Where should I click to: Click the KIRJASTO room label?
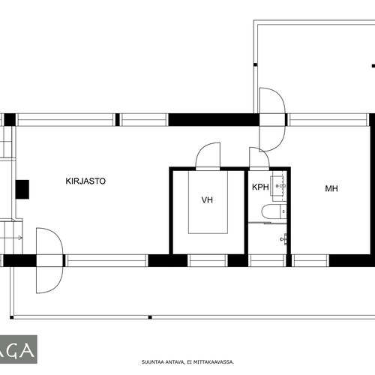[85, 181]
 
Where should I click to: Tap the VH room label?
[207, 199]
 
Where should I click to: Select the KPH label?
[260, 187]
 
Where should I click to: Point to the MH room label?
[331, 188]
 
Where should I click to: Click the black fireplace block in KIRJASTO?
[22, 189]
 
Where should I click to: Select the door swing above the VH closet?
[208, 155]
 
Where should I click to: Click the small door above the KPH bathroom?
[259, 158]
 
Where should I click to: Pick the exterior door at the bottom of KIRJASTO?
[49, 260]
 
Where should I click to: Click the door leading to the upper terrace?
[272, 119]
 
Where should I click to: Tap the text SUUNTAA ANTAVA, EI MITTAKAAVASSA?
[187, 361]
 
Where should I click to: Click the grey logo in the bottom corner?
[19, 349]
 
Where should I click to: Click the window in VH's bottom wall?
[208, 260]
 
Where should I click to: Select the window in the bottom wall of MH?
[310, 260]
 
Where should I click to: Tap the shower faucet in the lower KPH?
[284, 239]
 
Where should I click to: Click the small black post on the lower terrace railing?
[150, 317]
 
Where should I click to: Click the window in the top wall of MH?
[328, 119]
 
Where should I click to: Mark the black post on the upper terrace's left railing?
[255, 64]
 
